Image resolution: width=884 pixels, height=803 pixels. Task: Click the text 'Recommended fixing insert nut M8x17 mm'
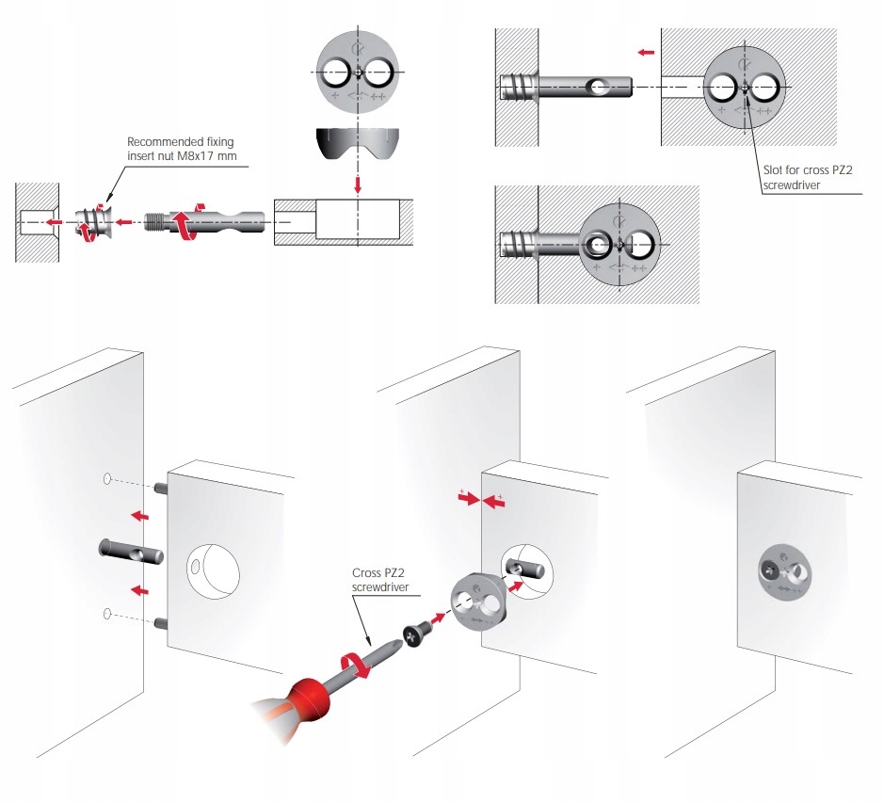tap(180, 149)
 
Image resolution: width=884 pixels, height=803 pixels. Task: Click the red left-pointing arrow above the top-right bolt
tap(645, 53)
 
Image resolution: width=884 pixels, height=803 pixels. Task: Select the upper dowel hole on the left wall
tap(108, 479)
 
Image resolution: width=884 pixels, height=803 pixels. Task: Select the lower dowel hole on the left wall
tap(108, 615)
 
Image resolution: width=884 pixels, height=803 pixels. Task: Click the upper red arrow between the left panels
tap(140, 515)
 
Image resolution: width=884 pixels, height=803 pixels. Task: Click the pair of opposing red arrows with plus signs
tap(480, 501)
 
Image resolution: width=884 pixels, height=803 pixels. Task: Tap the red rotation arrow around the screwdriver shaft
tap(355, 666)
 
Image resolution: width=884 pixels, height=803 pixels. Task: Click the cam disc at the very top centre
tap(357, 72)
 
